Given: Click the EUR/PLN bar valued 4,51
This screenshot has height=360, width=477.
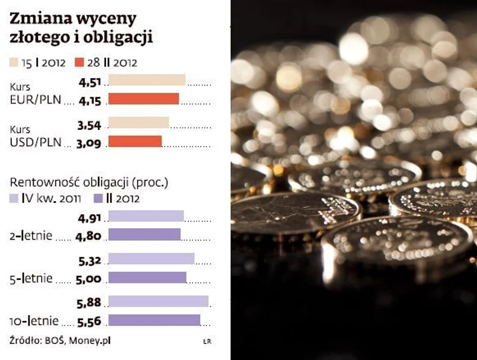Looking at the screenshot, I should (x=147, y=80).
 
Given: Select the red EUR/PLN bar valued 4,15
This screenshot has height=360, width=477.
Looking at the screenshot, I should (x=143, y=99).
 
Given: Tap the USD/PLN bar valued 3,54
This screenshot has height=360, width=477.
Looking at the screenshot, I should (x=139, y=123).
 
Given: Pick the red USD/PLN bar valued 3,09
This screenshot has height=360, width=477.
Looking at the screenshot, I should (x=135, y=142).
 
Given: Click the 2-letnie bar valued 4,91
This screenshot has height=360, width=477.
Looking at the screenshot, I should (x=146, y=216).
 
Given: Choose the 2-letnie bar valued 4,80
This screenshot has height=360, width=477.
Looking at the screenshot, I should (x=144, y=235).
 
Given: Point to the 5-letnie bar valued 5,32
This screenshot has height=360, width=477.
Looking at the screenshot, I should (x=151, y=259).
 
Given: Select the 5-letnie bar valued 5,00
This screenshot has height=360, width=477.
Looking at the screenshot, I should (x=147, y=278).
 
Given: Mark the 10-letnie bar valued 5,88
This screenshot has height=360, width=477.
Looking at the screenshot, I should (x=158, y=301).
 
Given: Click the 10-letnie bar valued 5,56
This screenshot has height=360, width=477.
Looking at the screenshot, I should (x=154, y=320).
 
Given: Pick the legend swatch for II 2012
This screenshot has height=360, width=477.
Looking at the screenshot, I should (x=97, y=198).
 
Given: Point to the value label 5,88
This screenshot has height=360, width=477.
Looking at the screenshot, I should (x=89, y=302).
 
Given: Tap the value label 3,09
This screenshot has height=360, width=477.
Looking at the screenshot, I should (x=89, y=142).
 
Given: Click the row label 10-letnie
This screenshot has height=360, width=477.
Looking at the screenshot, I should (x=34, y=321).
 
